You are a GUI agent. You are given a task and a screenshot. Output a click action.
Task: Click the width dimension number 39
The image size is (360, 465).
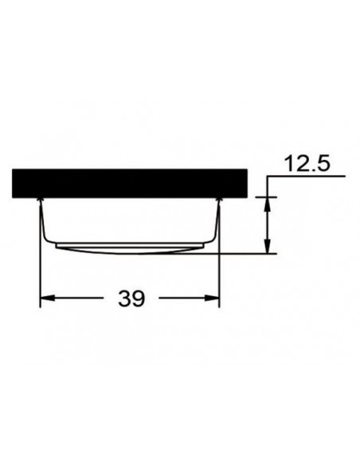tap(132, 299)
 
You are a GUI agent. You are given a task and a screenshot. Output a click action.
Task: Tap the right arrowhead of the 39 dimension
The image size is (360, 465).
tap(213, 299)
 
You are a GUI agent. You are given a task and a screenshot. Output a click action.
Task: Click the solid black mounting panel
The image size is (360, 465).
tap(131, 183)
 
